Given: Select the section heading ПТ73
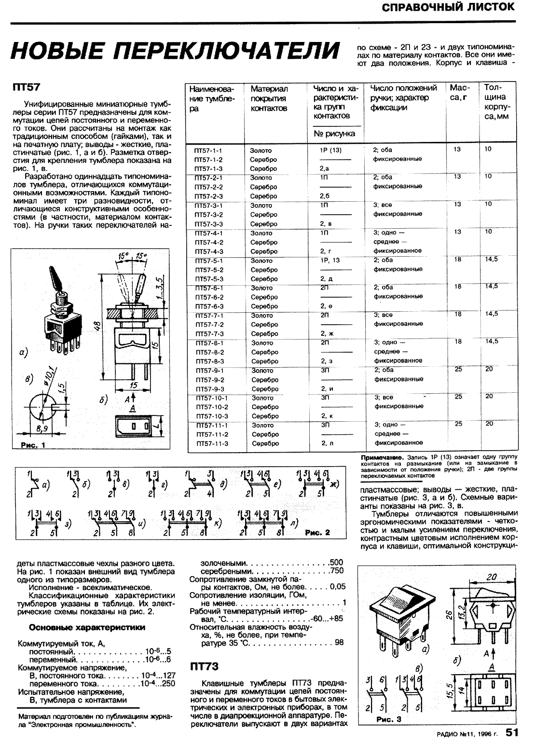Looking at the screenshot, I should click(x=205, y=666).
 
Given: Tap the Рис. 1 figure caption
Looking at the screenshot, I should click(x=30, y=445).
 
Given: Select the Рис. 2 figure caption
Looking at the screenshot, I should click(x=317, y=533).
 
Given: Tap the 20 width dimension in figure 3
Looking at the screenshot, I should click(x=492, y=577).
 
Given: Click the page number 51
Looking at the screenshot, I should click(x=512, y=733).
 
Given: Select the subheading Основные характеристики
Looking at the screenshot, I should click(x=87, y=628).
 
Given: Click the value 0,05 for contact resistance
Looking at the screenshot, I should click(x=338, y=587).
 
